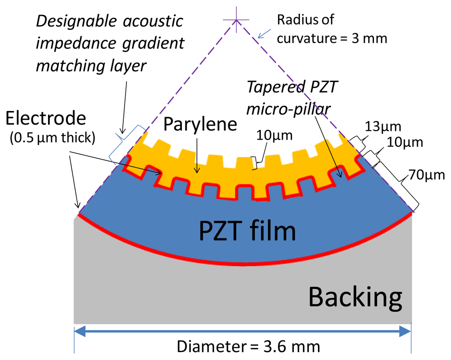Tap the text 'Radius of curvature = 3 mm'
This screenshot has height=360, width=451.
(332, 29)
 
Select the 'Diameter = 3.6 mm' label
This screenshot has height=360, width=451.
(248, 346)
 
